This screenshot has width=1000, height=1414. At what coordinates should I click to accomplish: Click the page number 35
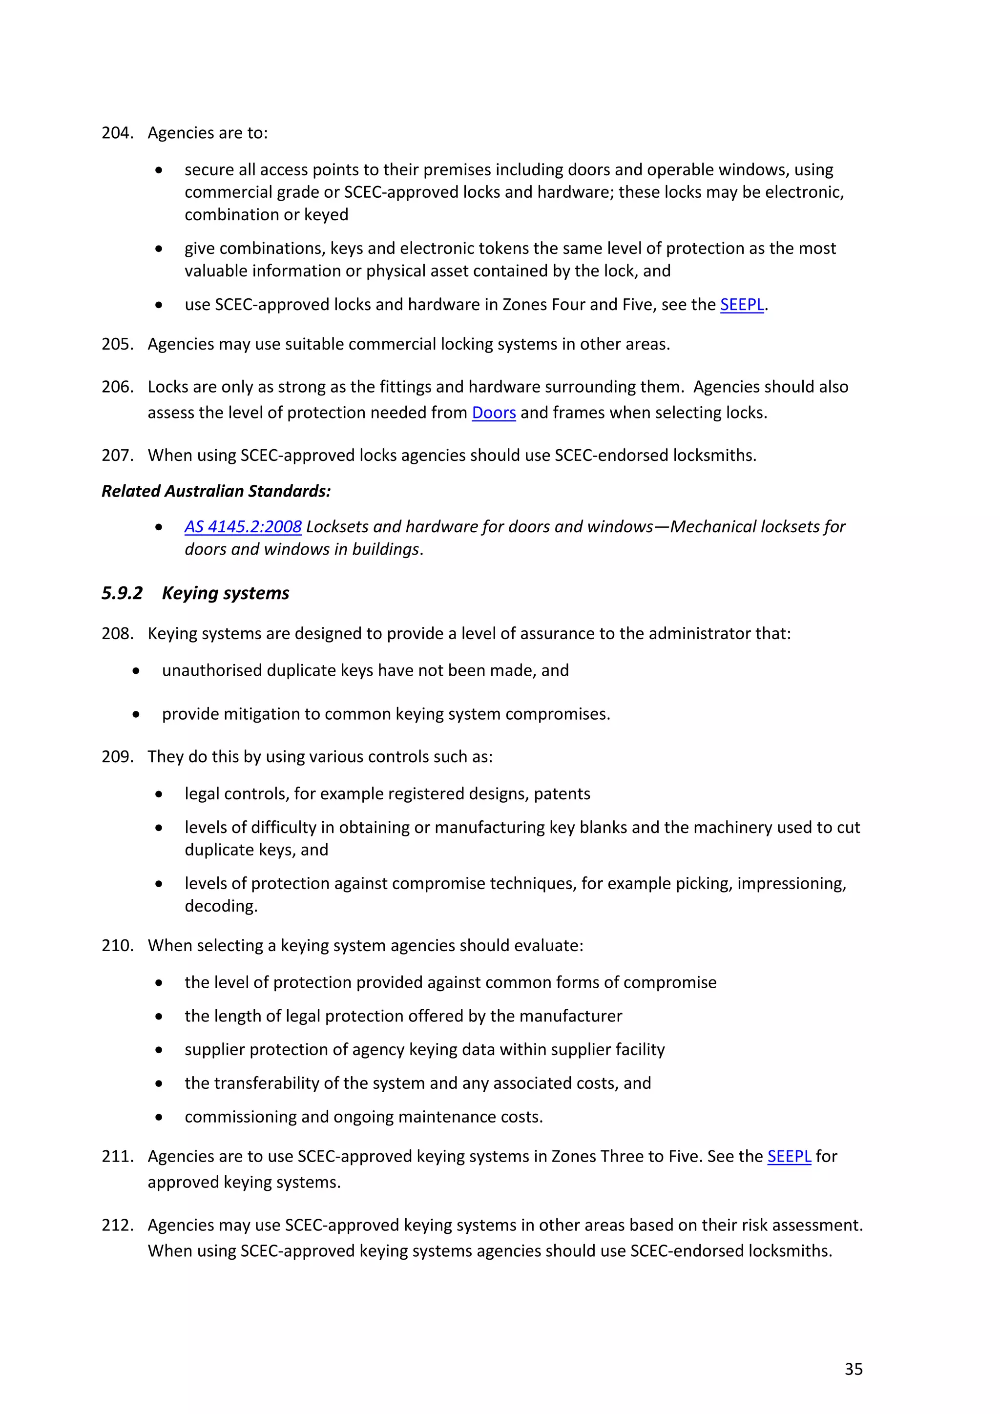click(853, 1369)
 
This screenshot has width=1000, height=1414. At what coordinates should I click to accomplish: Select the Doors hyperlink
click(493, 413)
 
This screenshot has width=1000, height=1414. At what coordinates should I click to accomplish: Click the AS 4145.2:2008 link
click(243, 526)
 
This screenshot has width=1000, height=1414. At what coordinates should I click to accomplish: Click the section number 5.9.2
click(122, 593)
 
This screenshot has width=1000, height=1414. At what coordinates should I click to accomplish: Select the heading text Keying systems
click(226, 593)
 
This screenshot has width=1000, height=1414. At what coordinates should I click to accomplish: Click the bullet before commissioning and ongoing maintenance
click(159, 1117)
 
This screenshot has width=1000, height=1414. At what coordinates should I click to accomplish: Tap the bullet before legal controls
click(159, 794)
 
